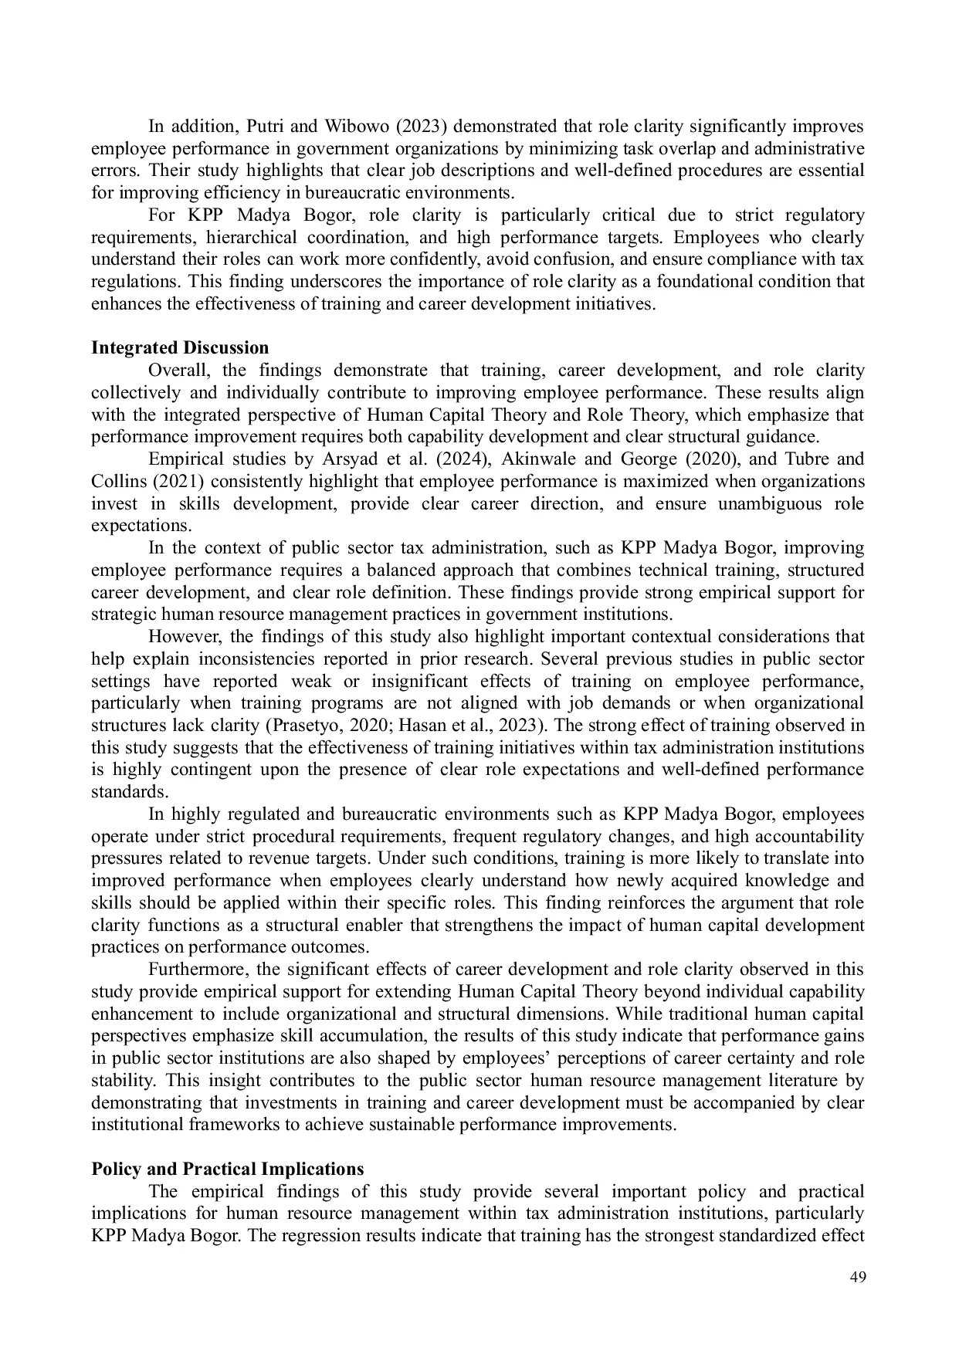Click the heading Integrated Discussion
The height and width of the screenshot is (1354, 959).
(x=180, y=347)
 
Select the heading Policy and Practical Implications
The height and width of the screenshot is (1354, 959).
(x=227, y=1168)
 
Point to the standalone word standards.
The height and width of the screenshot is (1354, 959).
(x=129, y=792)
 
